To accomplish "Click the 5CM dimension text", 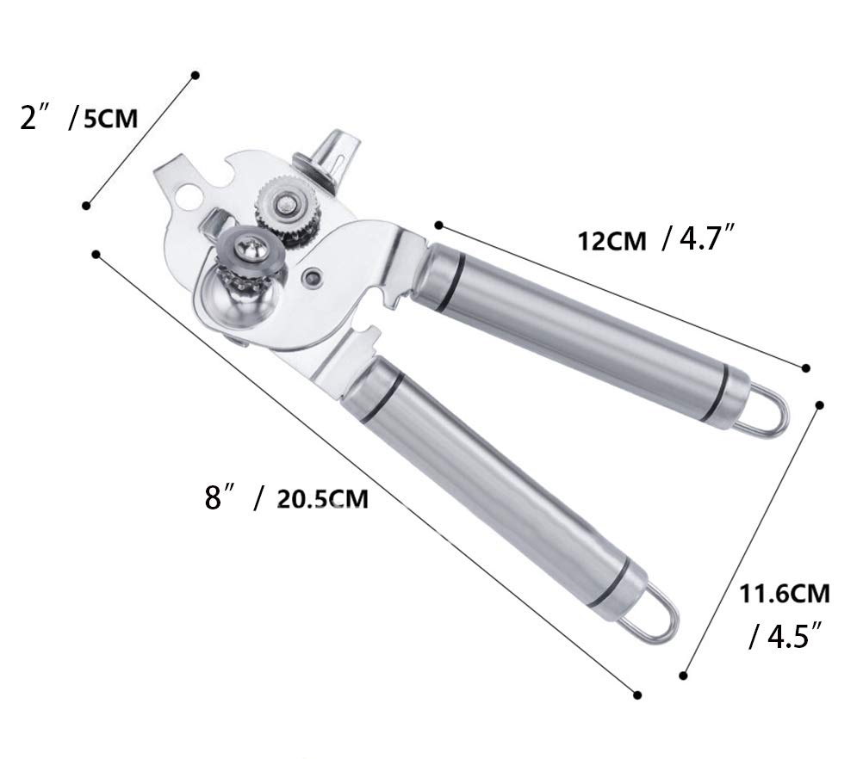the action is coord(110,118).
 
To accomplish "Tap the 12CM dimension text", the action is coord(612,241).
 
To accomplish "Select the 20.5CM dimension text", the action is coord(322,499).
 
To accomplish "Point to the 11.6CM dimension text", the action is coord(785,594).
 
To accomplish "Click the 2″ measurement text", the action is coord(36,116).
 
